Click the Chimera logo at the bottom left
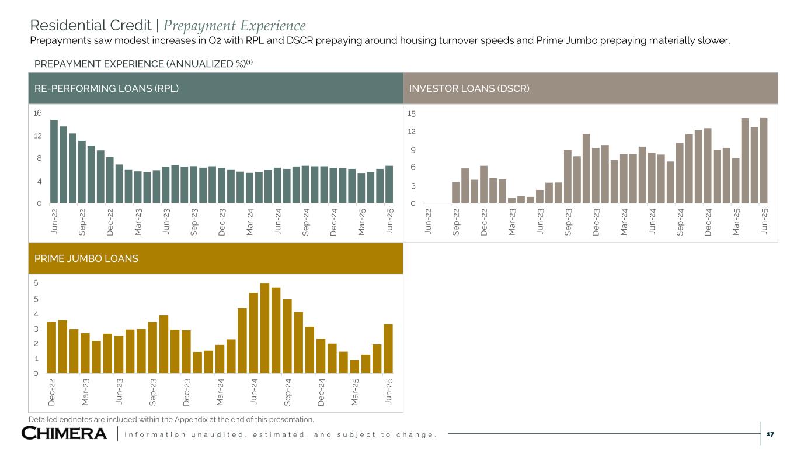pos(64,433)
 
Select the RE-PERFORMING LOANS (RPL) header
pos(105,88)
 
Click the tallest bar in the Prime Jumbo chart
pos(264,328)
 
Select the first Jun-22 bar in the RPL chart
pos(54,161)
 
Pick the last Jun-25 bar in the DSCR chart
pos(763,160)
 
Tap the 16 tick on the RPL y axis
pos(37,113)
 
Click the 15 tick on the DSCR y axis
pos(412,113)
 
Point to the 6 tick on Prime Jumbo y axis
pos(36,283)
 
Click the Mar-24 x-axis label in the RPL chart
pos(249,222)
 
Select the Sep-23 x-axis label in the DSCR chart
pos(568,222)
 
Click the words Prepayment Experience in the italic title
pos(234,26)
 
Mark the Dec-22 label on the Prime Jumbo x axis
pos(51,392)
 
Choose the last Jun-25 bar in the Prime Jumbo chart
pos(388,348)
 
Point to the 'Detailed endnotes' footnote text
pos(171,419)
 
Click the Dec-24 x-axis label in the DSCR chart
pos(707,222)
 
